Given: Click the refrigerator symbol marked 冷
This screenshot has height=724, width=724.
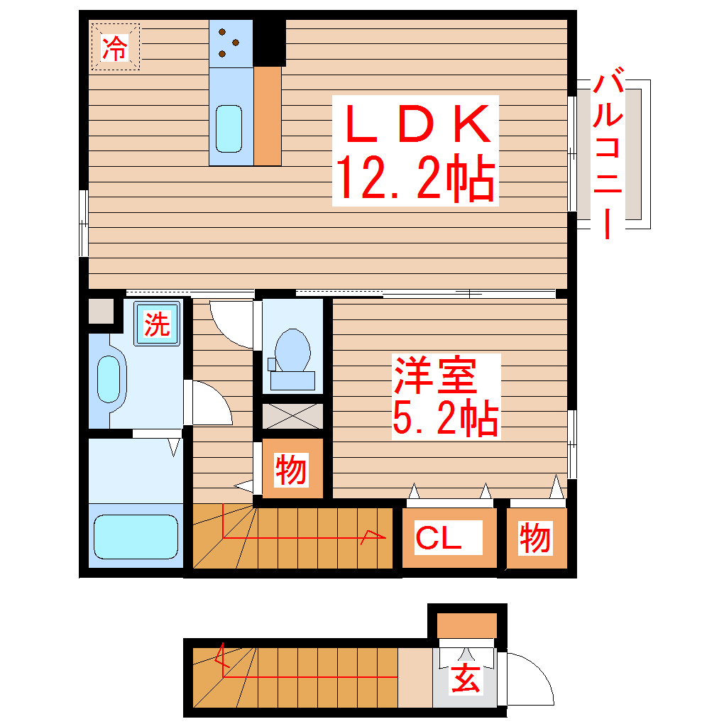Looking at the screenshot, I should [x=115, y=47].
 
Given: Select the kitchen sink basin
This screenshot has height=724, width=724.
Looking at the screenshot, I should [x=229, y=128].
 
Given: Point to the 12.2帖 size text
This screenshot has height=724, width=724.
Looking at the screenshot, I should [x=415, y=179].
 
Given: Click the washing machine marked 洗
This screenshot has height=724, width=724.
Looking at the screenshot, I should [x=158, y=324].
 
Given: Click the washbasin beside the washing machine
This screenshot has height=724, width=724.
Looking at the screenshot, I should [x=108, y=379].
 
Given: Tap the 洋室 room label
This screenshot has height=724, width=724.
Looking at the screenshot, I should [x=435, y=375].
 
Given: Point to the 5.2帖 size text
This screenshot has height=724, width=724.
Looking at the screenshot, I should [x=445, y=419].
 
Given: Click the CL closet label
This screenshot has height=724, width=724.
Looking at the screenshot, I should [x=439, y=537].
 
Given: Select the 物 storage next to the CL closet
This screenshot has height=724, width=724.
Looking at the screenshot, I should [x=535, y=538].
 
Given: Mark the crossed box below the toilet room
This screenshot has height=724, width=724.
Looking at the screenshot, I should [x=292, y=417].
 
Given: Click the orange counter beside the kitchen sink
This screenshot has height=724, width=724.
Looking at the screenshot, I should [x=268, y=116].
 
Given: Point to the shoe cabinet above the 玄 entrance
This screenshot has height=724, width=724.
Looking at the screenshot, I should [x=466, y=625].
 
